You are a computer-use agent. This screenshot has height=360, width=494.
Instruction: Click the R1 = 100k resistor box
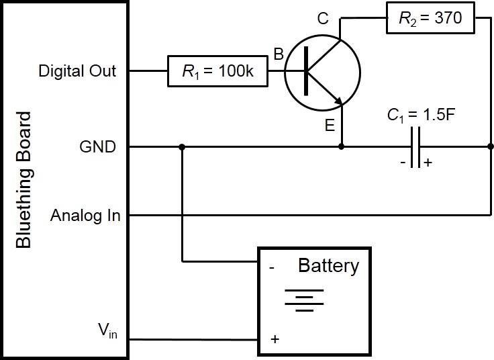[218, 71]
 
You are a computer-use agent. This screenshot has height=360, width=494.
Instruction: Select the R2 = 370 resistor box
[430, 19]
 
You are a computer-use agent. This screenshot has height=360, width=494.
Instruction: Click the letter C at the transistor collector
[323, 18]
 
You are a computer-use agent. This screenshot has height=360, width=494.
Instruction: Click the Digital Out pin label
[77, 71]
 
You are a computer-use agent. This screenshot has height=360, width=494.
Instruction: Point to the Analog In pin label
[85, 216]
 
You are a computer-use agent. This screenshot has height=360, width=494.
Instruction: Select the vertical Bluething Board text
[23, 180]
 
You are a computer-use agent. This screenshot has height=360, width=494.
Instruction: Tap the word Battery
[328, 266]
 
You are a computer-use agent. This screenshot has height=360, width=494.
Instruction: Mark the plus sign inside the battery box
[275, 339]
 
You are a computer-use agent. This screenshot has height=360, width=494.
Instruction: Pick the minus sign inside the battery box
[273, 267]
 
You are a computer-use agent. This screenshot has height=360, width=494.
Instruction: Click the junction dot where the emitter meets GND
[342, 146]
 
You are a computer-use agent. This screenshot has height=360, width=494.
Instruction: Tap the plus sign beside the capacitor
[428, 162]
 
